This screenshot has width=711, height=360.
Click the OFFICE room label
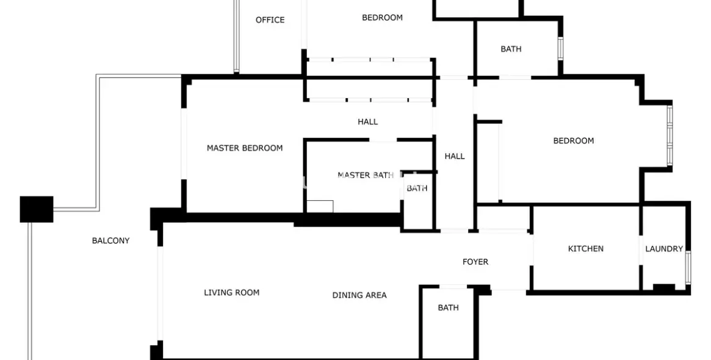270,20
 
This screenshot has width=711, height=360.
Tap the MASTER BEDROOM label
244,148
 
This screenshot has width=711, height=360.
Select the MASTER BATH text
366,175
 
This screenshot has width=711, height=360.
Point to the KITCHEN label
585,248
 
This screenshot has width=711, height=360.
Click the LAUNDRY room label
664,248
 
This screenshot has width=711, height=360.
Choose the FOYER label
475,262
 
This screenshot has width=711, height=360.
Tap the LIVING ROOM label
231,292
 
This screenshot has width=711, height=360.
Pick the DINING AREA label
359,295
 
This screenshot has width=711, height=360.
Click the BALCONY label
110,241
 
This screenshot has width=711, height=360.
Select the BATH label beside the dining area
448,308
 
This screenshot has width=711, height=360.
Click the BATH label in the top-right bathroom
511,49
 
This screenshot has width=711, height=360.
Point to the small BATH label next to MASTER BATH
417,188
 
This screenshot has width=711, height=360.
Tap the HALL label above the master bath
368,121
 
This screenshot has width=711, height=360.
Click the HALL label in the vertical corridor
454,156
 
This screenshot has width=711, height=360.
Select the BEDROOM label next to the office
382,18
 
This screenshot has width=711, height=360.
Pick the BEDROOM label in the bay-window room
574,140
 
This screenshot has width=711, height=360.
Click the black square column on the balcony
37,209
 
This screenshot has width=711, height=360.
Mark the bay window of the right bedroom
669,135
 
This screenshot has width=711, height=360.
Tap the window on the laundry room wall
688,267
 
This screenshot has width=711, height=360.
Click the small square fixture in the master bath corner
320,206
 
